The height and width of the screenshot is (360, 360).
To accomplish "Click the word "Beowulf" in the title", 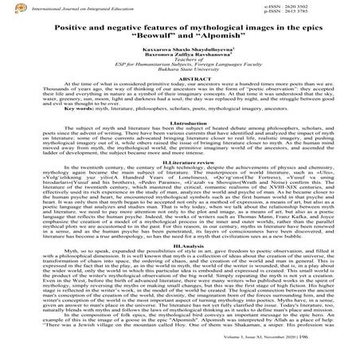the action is [x=139, y=37].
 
